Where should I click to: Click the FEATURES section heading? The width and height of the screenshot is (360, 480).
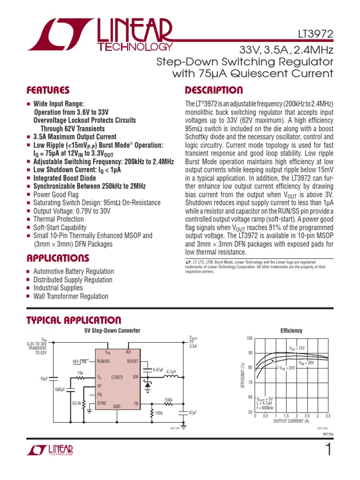point(48,90)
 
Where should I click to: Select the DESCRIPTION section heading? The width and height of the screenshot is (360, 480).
point(214,90)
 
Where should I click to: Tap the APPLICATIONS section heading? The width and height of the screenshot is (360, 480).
point(58,258)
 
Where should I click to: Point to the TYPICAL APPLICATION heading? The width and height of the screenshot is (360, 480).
point(74,320)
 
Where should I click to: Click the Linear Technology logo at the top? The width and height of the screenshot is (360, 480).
point(100,35)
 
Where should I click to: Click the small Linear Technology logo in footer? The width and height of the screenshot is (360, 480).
point(50,450)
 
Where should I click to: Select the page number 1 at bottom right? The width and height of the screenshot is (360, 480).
point(328,450)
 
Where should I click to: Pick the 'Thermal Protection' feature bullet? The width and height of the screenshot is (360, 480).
point(59,219)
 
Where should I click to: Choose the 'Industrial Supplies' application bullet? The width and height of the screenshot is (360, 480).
point(58,288)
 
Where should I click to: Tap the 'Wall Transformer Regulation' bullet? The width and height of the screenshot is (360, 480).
point(71,296)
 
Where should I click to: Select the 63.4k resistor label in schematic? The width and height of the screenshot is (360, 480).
point(77,403)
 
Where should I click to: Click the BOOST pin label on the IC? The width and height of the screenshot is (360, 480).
point(133,361)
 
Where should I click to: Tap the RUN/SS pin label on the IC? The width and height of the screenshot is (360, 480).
point(103,361)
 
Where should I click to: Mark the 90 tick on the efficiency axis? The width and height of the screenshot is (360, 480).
point(250,353)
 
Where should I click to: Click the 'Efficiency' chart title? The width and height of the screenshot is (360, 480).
point(291,331)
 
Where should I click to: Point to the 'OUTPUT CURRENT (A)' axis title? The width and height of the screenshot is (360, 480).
point(291,421)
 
